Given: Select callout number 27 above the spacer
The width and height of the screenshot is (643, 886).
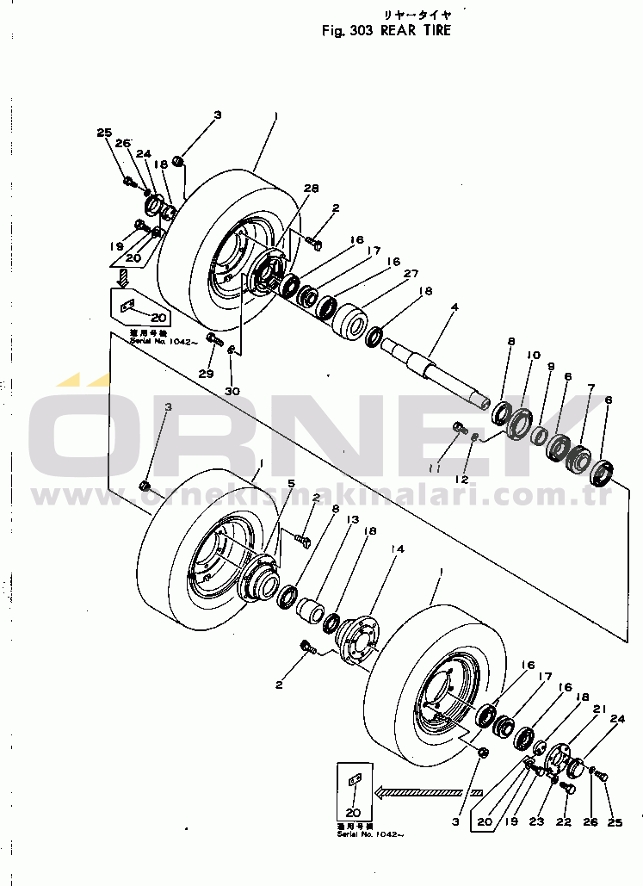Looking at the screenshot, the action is [411, 274].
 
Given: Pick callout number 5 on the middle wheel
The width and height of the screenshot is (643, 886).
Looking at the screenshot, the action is [292, 483].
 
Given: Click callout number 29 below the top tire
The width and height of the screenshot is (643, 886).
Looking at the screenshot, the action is [206, 374].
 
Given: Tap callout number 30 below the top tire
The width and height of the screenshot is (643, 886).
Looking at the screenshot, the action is [233, 391].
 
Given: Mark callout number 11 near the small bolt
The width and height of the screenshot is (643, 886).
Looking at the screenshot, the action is [436, 468].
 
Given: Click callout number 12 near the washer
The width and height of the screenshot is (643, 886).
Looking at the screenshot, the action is [463, 478].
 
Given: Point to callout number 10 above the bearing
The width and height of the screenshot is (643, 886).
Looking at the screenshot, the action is [534, 354].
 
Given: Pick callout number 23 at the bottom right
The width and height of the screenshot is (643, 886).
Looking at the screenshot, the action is [537, 821].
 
